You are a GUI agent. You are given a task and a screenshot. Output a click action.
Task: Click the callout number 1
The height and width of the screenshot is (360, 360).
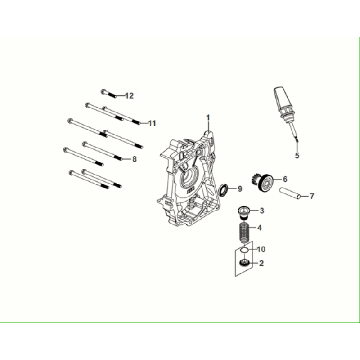(208, 119)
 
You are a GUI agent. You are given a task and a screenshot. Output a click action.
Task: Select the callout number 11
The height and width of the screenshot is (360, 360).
(152, 123)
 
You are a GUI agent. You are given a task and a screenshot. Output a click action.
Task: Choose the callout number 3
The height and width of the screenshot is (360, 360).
(261, 212)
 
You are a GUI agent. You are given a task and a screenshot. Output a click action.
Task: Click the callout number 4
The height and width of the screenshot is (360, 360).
(261, 229)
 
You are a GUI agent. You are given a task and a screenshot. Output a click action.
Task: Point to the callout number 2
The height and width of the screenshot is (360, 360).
(261, 265)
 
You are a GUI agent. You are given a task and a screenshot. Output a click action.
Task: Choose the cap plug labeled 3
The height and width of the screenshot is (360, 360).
(240, 211)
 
